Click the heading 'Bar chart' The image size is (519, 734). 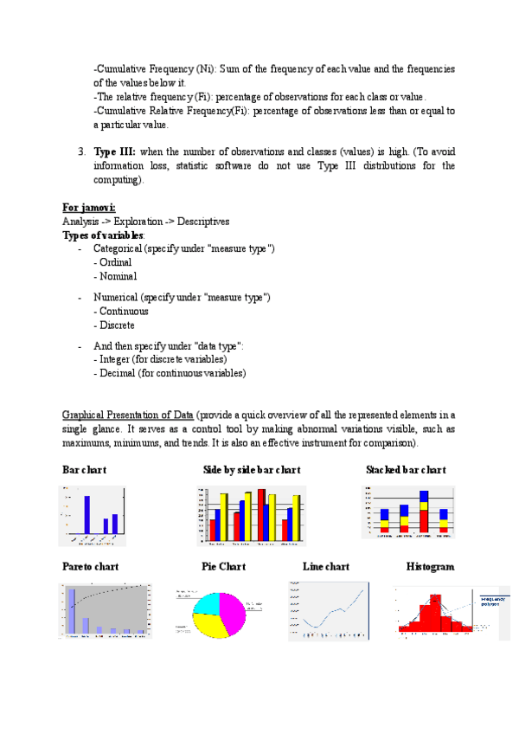(x=85, y=470)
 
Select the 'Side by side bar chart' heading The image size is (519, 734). (x=252, y=470)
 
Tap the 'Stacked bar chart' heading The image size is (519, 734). (x=406, y=470)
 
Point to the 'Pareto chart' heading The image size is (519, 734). (x=91, y=567)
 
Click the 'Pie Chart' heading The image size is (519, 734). (x=223, y=567)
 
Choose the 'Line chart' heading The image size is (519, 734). (x=326, y=567)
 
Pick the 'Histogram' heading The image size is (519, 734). (x=430, y=567)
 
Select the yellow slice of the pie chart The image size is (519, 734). (x=209, y=625)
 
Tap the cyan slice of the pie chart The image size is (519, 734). (x=208, y=602)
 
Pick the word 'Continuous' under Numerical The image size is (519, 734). (x=124, y=312)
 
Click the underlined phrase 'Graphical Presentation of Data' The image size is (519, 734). (x=129, y=415)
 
